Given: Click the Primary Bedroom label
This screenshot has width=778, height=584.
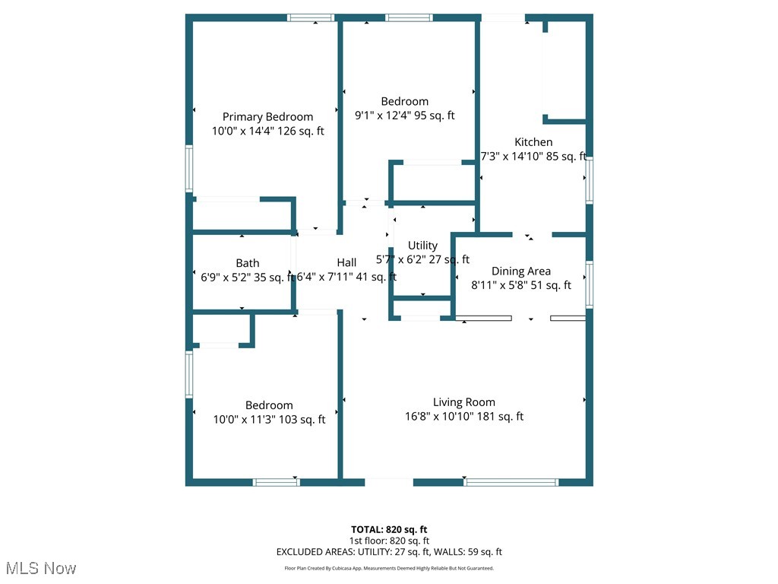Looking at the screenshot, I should [267, 116].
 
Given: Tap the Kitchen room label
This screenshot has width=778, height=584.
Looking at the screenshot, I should [533, 142].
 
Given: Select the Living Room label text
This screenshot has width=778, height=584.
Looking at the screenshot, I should [463, 402].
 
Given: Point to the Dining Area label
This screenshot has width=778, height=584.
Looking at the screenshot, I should [520, 271].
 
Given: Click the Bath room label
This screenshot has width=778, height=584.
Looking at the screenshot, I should [247, 263].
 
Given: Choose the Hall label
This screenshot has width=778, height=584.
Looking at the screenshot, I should [346, 262].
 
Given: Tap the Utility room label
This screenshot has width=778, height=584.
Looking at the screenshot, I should [422, 245].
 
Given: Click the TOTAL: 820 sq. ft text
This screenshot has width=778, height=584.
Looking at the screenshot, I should [389, 529].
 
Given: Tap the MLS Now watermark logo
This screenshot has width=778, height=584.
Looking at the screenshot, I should [40, 568].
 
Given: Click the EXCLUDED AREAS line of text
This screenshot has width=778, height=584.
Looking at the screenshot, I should [389, 552].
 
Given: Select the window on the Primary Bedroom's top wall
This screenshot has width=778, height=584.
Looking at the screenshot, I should [311, 17].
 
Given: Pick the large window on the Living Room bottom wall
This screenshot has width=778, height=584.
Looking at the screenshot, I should [511, 481].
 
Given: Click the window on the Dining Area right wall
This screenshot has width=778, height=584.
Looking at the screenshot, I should [589, 284].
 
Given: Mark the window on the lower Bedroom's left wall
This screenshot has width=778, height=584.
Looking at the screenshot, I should [189, 373].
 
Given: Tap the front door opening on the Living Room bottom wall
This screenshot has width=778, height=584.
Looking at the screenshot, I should [389, 481].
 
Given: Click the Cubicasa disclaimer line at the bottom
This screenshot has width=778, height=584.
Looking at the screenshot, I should [389, 568].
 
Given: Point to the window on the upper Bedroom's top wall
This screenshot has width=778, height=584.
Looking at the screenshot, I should [409, 17].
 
